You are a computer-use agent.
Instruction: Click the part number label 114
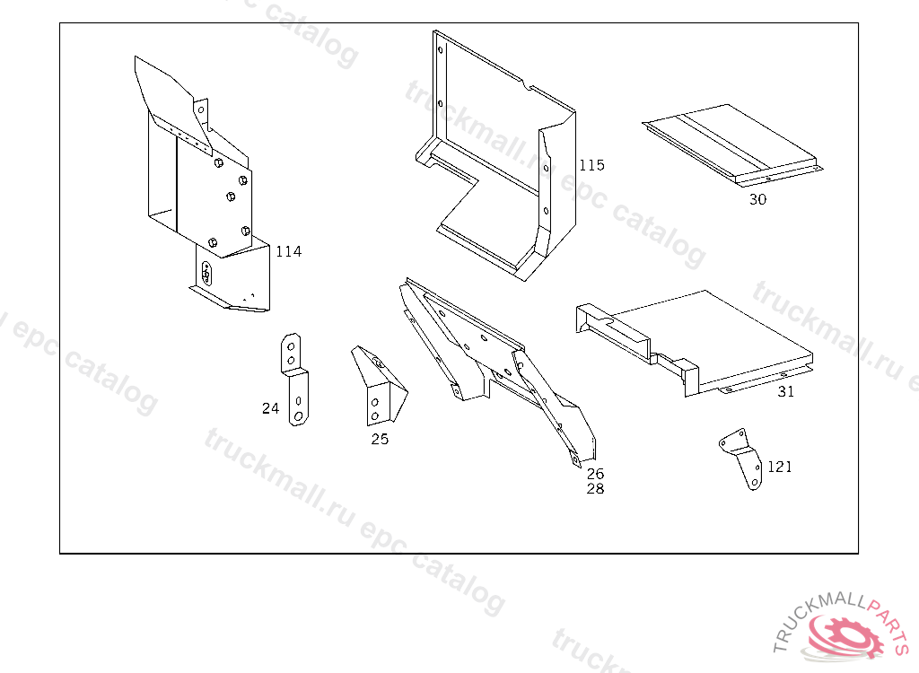[288, 252]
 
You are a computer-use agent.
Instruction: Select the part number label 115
[591, 165]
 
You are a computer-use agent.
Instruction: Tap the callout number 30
[757, 200]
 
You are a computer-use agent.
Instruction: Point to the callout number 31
[785, 392]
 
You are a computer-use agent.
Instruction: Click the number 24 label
[270, 408]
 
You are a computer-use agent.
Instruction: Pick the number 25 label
[380, 440]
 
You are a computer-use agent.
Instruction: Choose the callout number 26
[595, 474]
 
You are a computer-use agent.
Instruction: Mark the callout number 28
[595, 489]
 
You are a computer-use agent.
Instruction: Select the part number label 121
[779, 468]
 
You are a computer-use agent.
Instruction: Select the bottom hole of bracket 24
[297, 417]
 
